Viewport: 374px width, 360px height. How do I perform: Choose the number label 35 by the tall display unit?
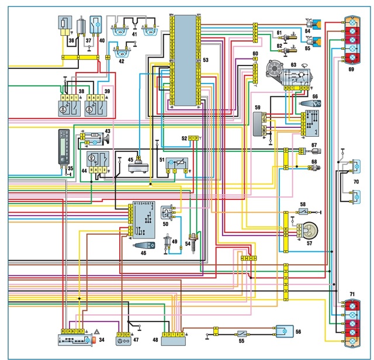coord(70,169)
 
